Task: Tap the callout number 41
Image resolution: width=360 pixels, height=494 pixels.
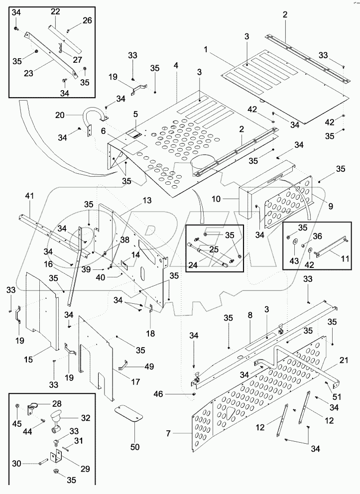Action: click(x=30, y=197)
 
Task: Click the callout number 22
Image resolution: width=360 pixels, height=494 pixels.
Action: click(x=55, y=11)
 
